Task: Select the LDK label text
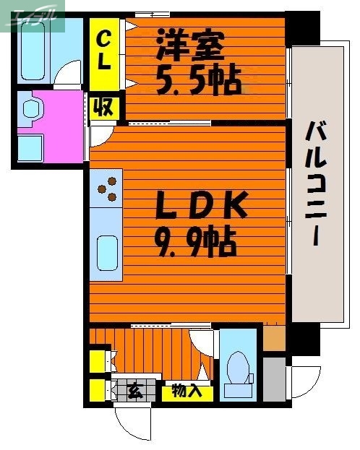point(202,207)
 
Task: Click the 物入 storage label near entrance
point(187,392)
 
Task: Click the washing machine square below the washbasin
point(31,147)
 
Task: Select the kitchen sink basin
point(107,253)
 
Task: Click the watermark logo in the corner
point(33,14)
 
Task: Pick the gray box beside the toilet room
point(273,378)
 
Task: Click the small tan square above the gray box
point(273,338)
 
